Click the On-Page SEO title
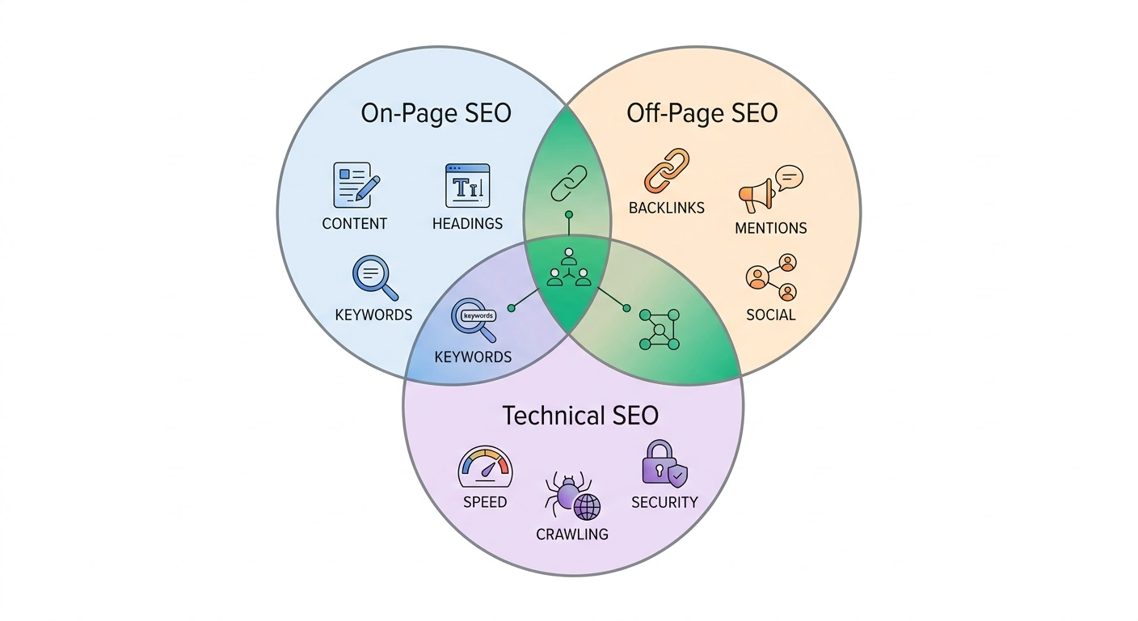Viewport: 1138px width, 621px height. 436,113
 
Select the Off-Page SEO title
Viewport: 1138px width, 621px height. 702,113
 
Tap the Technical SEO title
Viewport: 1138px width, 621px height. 580,416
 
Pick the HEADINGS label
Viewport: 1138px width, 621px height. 467,224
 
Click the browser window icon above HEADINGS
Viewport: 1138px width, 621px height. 467,186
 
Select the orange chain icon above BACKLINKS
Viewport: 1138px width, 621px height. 666,171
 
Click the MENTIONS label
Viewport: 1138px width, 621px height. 770,228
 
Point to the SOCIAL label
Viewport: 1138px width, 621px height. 770,315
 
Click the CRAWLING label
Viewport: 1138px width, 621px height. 572,534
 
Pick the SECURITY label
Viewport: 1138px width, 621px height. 664,502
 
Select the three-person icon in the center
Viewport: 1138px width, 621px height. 568,268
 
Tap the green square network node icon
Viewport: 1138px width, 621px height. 659,329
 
